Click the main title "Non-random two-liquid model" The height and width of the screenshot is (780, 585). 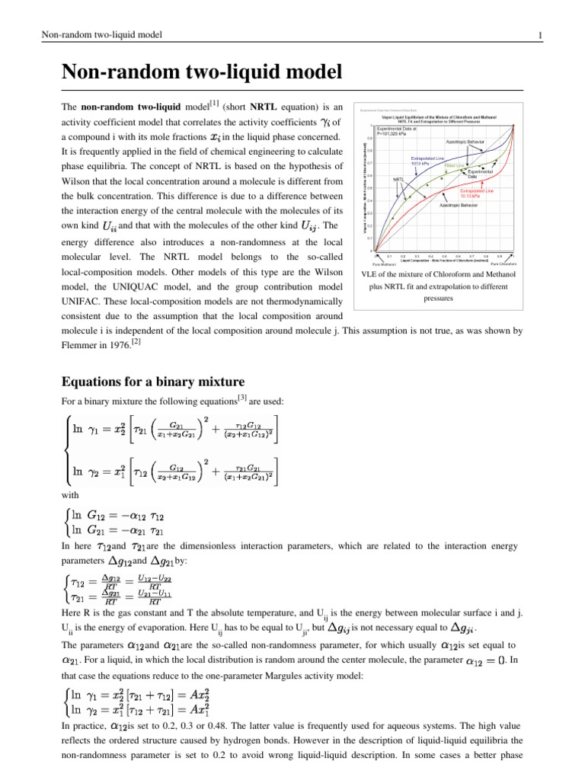[x=200, y=73]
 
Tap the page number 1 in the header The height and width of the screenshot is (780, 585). [x=539, y=36]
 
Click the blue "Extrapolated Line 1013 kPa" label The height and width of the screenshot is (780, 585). [x=425, y=161]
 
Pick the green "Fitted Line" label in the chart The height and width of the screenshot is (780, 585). [x=456, y=165]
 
